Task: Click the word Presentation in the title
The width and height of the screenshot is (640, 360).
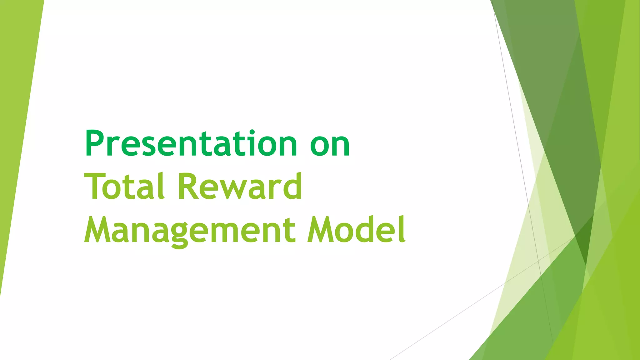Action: pos(191,144)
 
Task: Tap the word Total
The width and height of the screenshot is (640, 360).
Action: pos(124,187)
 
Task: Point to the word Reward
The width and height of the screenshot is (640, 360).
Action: pos(240,187)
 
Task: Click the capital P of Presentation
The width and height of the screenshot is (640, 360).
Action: pos(95,144)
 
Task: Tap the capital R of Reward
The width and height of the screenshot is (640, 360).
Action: pos(188,187)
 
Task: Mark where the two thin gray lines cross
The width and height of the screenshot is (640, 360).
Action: pos(538,260)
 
